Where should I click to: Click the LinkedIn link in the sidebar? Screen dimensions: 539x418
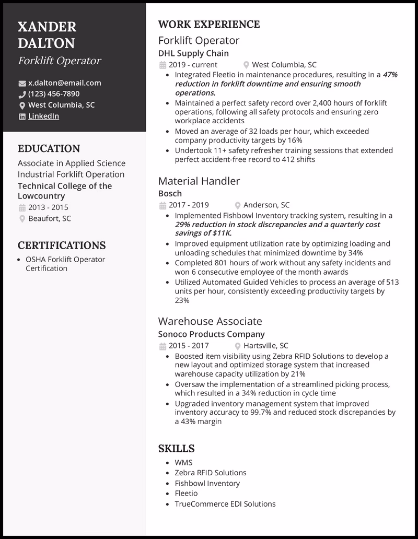(x=43, y=116)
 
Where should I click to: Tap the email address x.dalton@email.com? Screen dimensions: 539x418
(x=64, y=83)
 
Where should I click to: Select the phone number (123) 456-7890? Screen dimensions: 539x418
(x=54, y=93)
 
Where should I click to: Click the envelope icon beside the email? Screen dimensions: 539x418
(x=22, y=83)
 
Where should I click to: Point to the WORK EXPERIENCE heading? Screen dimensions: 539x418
(x=208, y=24)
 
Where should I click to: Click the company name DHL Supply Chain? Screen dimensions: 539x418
(x=193, y=53)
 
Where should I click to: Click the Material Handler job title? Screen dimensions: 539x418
(x=199, y=181)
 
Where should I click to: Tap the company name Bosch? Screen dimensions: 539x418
(x=170, y=193)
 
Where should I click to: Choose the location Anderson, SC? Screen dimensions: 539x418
(x=266, y=205)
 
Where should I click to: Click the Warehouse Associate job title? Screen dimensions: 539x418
(x=210, y=321)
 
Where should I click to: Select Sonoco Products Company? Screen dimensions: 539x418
(x=211, y=334)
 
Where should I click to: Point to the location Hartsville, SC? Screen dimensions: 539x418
(x=266, y=345)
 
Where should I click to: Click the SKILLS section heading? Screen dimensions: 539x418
(x=176, y=448)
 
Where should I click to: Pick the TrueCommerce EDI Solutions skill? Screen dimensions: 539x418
(x=225, y=504)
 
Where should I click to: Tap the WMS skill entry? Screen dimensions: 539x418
(x=183, y=462)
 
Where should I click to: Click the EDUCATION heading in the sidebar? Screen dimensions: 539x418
(x=49, y=149)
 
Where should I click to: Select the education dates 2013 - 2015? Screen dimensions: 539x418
(x=48, y=207)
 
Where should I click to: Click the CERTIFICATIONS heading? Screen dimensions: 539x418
(x=61, y=245)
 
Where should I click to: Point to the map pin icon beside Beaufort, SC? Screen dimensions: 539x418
(x=22, y=219)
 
